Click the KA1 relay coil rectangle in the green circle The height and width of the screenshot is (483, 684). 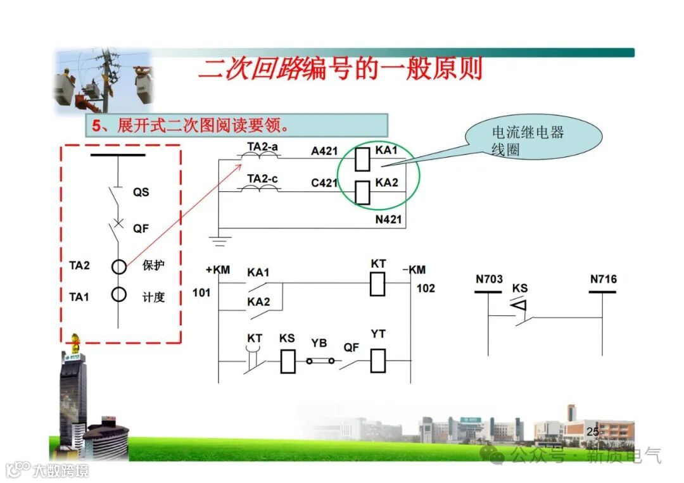pyautogui.click(x=363, y=158)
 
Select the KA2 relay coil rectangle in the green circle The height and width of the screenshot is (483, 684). pyautogui.click(x=362, y=192)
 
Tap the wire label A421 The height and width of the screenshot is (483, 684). pyautogui.click(x=324, y=151)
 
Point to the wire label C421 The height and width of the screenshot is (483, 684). pyautogui.click(x=324, y=184)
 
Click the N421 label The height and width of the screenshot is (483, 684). pyautogui.click(x=388, y=219)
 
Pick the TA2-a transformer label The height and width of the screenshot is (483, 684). pyautogui.click(x=262, y=146)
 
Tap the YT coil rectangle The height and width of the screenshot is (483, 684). pyautogui.click(x=378, y=360)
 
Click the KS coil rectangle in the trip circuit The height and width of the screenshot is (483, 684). pyautogui.click(x=288, y=361)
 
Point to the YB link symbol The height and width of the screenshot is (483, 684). pyautogui.click(x=320, y=361)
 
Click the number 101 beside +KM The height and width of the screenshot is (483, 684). pyautogui.click(x=201, y=292)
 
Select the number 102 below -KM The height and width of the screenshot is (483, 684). pyautogui.click(x=426, y=288)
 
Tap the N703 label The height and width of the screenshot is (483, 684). pyautogui.click(x=489, y=279)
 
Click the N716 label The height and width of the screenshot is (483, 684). pyautogui.click(x=603, y=279)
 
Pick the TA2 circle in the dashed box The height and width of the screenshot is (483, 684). pyautogui.click(x=119, y=267)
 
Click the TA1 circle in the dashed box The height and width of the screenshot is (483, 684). pyautogui.click(x=119, y=295)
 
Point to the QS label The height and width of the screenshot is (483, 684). pyautogui.click(x=141, y=192)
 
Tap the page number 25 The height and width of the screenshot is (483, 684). pyautogui.click(x=593, y=432)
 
